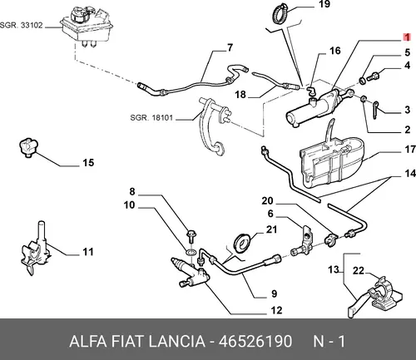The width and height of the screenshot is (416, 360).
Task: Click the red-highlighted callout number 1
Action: click(x=407, y=37)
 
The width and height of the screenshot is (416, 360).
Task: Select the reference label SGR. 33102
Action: click(x=22, y=26)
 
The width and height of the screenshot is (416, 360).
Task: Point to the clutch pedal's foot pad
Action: click(x=219, y=148)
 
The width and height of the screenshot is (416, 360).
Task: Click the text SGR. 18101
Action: click(x=151, y=118)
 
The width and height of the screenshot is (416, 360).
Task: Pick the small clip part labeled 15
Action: click(x=28, y=147)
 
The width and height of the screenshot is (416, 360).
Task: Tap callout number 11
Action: click(x=88, y=252)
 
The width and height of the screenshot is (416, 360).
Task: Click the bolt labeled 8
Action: click(x=191, y=236)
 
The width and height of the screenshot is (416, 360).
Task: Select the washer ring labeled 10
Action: click(x=191, y=252)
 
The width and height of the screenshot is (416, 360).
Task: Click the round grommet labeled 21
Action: click(x=244, y=243)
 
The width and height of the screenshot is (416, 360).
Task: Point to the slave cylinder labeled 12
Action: click(x=191, y=274)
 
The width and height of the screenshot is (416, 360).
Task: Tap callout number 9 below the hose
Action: click(x=274, y=293)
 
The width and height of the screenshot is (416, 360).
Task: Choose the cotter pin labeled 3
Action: click(x=375, y=111)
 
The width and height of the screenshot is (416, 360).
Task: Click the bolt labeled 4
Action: click(x=374, y=76)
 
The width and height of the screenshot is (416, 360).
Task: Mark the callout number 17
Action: click(x=410, y=150)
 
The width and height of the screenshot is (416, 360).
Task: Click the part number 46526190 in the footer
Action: click(x=255, y=341)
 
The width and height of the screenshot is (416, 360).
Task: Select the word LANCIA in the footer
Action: click(x=176, y=341)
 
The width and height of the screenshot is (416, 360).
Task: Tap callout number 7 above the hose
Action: click(x=230, y=47)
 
